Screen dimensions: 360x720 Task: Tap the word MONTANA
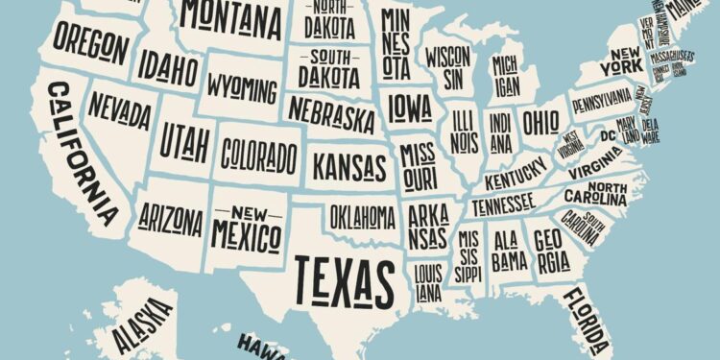(x=228, y=15)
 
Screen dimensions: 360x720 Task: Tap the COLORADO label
(x=258, y=154)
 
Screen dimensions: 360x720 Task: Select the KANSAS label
(x=350, y=165)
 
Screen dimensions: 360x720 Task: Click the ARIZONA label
(x=171, y=219)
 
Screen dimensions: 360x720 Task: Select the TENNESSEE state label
(x=502, y=204)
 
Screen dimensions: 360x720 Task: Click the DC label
(x=607, y=135)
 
